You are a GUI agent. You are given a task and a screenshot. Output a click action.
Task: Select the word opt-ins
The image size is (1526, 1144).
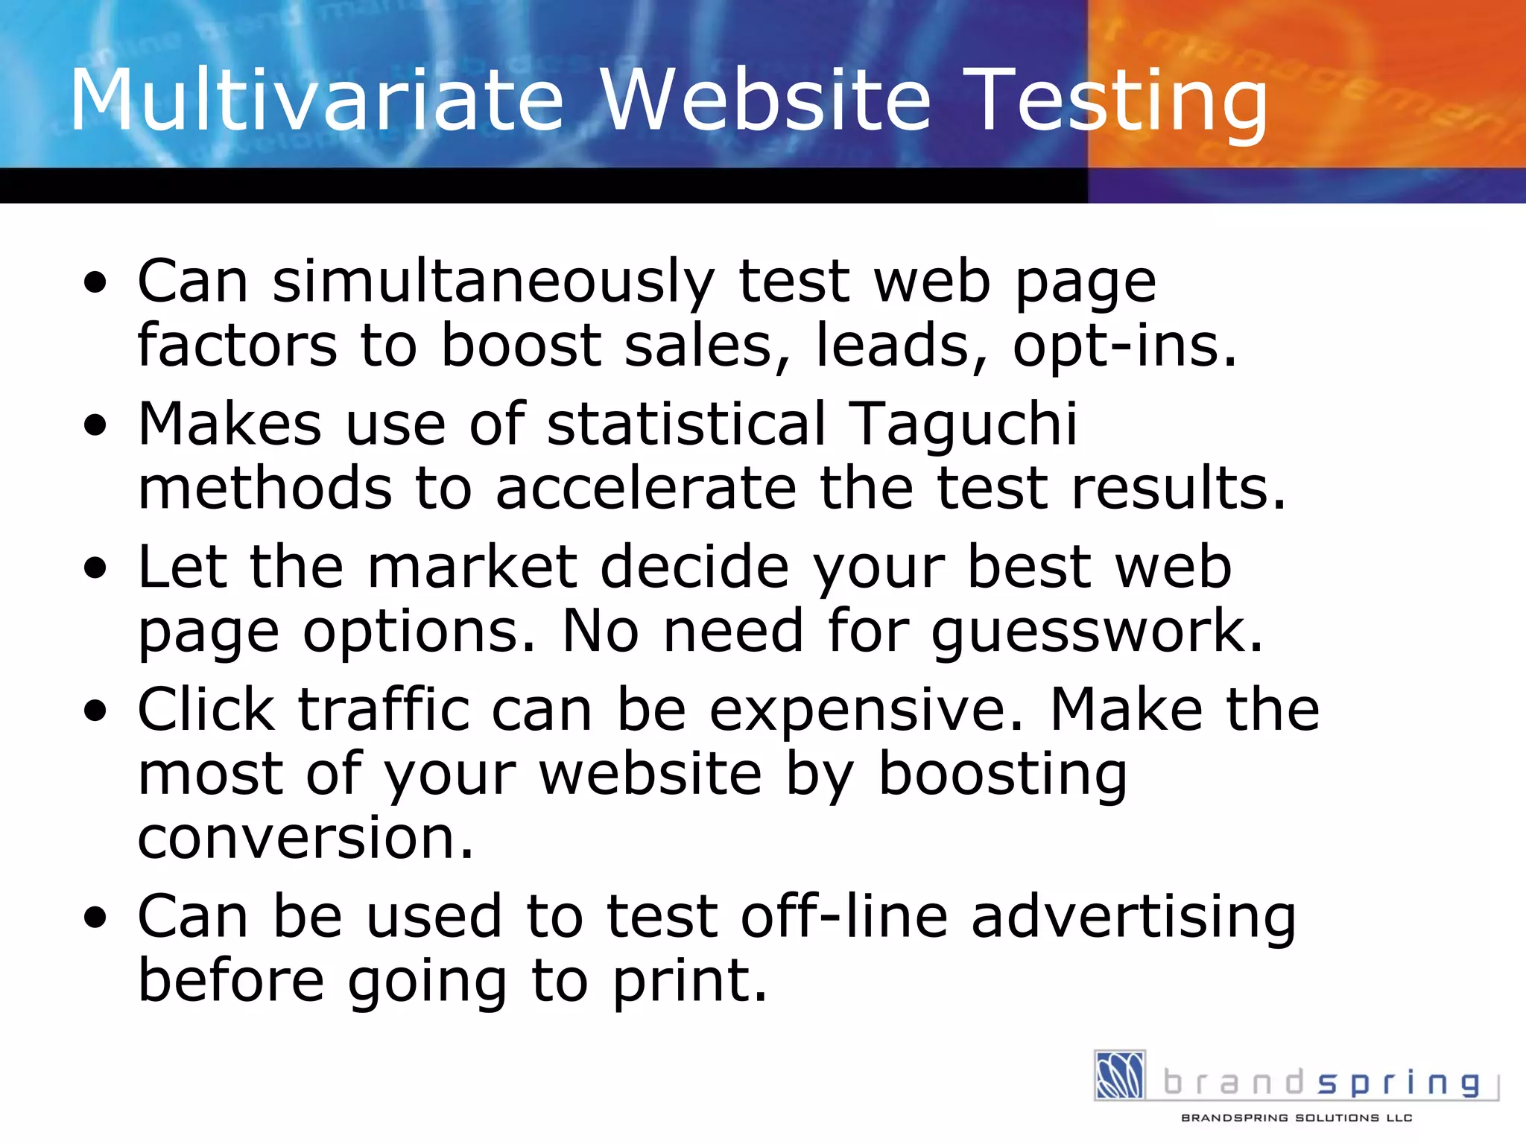1124,346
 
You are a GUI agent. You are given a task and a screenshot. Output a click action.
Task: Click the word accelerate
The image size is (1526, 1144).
646,489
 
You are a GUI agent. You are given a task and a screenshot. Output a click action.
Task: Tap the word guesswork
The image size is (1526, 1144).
1097,632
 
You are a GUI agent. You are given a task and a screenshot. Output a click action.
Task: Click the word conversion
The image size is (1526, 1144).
305,839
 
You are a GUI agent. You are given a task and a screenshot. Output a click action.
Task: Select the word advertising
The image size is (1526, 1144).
1133,917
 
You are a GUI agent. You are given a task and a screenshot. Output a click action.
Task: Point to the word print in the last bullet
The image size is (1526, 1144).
689,982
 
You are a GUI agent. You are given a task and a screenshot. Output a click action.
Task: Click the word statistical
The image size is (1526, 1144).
686,424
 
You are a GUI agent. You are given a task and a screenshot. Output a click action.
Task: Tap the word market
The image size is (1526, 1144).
472,568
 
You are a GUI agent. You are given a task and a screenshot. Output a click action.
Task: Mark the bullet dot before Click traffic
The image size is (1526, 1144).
95,712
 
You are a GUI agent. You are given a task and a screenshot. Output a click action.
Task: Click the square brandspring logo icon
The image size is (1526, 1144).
1119,1075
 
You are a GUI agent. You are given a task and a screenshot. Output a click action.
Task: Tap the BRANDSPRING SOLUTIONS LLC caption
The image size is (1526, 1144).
1297,1118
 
